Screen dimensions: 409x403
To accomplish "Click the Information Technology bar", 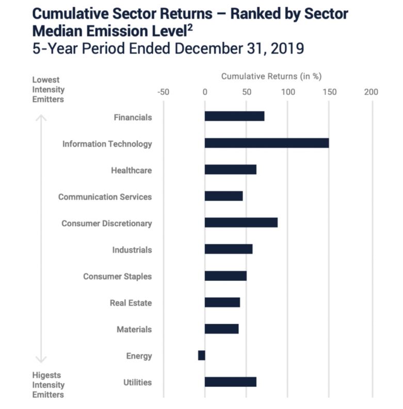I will point(266,143).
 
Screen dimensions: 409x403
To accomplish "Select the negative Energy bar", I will point(201,355).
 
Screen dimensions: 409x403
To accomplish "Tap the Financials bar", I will point(234,116).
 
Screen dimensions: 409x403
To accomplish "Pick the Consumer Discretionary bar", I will point(241,223).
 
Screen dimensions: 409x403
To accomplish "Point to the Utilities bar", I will point(230,382).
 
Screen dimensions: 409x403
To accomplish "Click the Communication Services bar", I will point(223,196).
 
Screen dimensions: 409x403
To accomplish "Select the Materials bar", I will point(221,329).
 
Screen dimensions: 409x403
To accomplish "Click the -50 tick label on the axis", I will point(163,92).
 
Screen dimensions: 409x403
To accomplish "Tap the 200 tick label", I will point(371,92).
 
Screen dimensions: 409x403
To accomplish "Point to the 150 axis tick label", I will point(329,92).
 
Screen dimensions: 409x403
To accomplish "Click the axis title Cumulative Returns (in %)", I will point(271,76).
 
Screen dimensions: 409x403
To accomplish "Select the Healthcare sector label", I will point(131,170).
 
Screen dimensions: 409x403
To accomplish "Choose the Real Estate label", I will point(131,302).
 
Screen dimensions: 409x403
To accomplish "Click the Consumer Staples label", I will point(117,276).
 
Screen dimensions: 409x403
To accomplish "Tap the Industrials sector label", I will point(132,250).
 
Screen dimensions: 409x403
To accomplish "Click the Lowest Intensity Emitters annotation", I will point(48,90).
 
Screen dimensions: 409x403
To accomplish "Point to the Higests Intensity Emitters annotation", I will point(48,385).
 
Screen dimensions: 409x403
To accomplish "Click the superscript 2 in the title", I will point(189,28).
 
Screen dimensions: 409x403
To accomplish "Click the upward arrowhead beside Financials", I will point(41,118).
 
